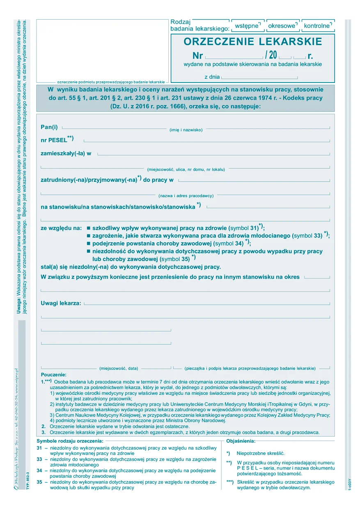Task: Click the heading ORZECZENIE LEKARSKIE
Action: pyautogui.click(x=253, y=41)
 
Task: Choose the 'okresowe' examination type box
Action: pyautogui.click(x=282, y=26)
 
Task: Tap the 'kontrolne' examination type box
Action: pyautogui.click(x=318, y=26)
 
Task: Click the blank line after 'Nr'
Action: pyautogui.click(x=234, y=56)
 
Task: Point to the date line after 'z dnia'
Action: pyautogui.click(x=259, y=77)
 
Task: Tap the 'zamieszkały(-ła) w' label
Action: pyautogui.click(x=66, y=153)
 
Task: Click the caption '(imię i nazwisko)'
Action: pyautogui.click(x=186, y=130)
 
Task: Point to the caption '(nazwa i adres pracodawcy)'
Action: pyautogui.click(x=186, y=196)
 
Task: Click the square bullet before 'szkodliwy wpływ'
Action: pyautogui.click(x=88, y=227)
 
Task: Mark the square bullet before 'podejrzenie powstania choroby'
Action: pyautogui.click(x=88, y=243)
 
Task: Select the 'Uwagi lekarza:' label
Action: pyautogui.click(x=61, y=303)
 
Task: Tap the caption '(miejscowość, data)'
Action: pyautogui.click(x=119, y=368)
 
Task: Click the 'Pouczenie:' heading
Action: pyautogui.click(x=53, y=375)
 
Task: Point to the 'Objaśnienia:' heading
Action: pyautogui.click(x=241, y=441)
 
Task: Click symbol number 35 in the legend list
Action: pyautogui.click(x=39, y=482)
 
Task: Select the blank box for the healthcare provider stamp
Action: pyautogui.click(x=102, y=50)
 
